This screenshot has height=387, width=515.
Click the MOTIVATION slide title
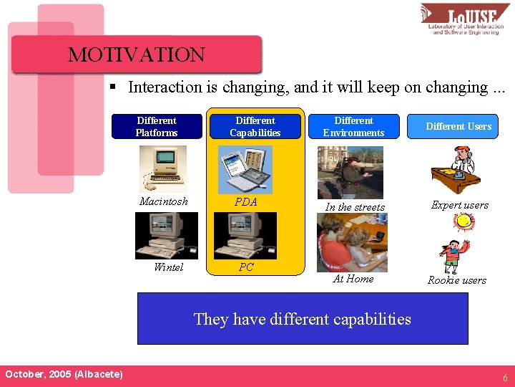click(x=136, y=55)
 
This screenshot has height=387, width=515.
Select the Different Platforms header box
click(x=157, y=126)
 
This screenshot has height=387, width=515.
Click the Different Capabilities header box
click(x=255, y=126)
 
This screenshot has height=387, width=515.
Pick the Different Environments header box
click(x=353, y=126)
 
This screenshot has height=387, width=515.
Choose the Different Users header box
click(x=458, y=126)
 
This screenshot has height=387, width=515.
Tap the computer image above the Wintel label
click(x=167, y=236)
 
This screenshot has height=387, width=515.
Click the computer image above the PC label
click(x=245, y=236)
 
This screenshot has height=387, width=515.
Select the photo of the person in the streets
click(x=350, y=173)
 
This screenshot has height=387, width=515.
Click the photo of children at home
click(x=352, y=242)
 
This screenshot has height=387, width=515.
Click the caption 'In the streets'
click(x=355, y=207)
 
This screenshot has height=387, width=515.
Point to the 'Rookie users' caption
click(x=456, y=280)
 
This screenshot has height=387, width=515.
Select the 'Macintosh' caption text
click(x=164, y=201)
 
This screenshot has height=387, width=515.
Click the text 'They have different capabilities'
click(x=302, y=319)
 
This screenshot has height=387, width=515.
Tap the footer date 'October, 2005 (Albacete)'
click(x=64, y=375)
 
